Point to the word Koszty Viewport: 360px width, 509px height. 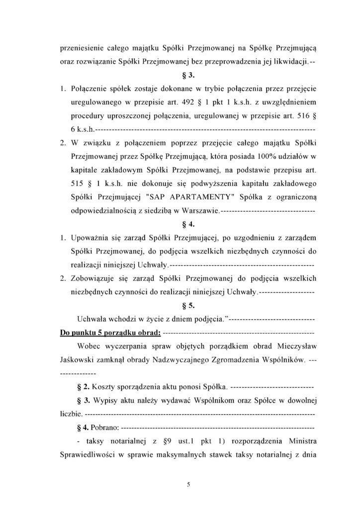pos(103,386)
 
